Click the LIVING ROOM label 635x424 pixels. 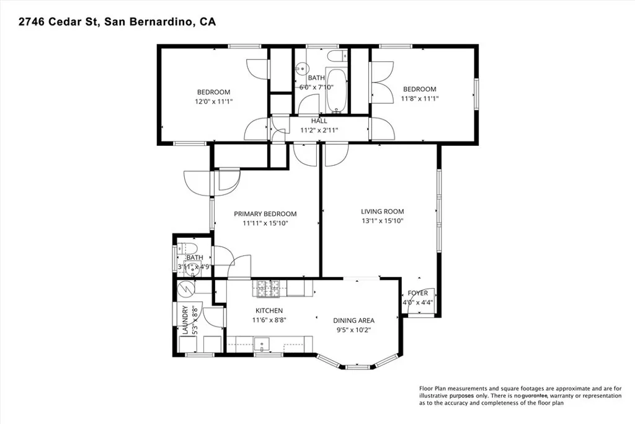(x=383, y=210)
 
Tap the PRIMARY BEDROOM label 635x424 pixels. (x=265, y=214)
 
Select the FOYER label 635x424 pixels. (x=417, y=293)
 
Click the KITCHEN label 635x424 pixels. (x=269, y=310)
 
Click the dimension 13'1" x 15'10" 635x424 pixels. (x=383, y=221)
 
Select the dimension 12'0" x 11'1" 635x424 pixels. (x=214, y=101)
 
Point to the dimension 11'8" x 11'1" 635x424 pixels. (x=419, y=98)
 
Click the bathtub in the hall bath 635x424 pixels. (x=337, y=91)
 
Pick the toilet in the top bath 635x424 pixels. (x=338, y=58)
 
